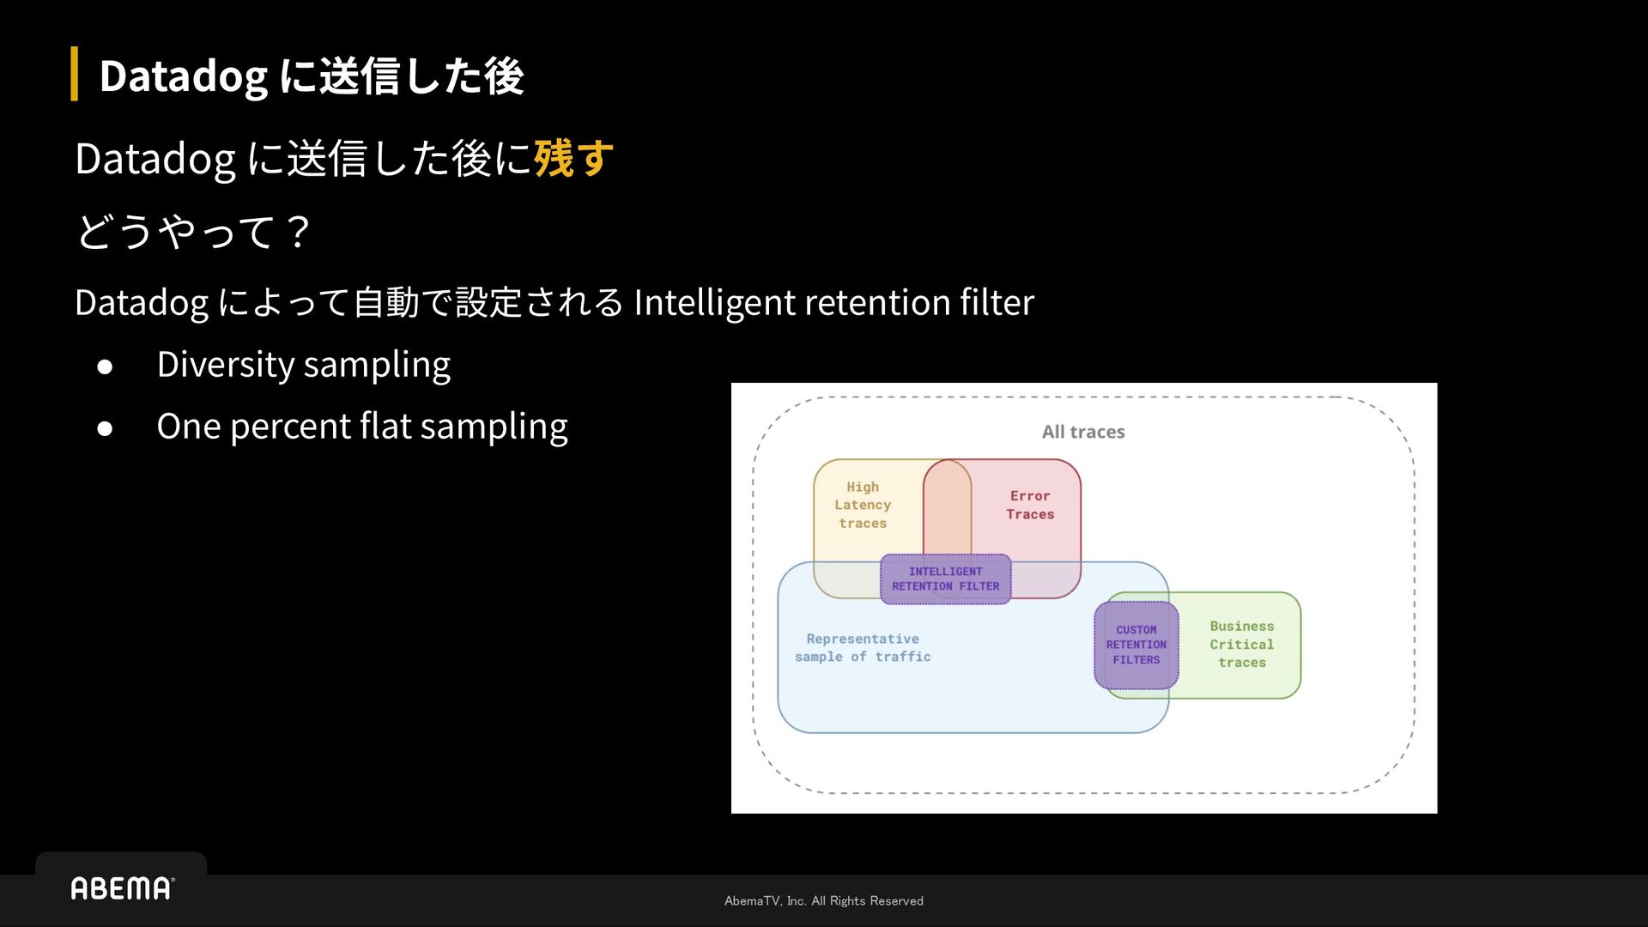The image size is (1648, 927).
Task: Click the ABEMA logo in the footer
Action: [122, 888]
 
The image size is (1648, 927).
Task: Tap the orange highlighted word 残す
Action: [573, 159]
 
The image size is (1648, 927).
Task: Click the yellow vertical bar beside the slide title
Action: [75, 74]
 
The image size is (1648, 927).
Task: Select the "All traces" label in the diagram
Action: [1083, 432]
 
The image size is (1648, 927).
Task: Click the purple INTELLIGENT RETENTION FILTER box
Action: [945, 579]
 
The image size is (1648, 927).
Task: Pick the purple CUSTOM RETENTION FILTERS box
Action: [1136, 645]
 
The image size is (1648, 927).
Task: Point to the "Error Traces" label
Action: [1030, 506]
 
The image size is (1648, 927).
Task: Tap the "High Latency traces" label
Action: [863, 506]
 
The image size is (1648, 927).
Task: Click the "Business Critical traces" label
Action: [1242, 645]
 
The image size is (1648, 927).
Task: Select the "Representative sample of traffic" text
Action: [863, 648]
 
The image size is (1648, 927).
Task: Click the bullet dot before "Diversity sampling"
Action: [105, 367]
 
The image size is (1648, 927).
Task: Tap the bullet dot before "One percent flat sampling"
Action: [105, 428]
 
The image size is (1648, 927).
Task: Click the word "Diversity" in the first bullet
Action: [226, 365]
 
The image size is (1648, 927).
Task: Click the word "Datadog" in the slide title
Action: [183, 76]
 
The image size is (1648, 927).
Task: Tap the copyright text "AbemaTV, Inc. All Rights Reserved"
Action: [824, 901]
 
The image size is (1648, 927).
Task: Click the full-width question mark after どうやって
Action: [298, 232]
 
